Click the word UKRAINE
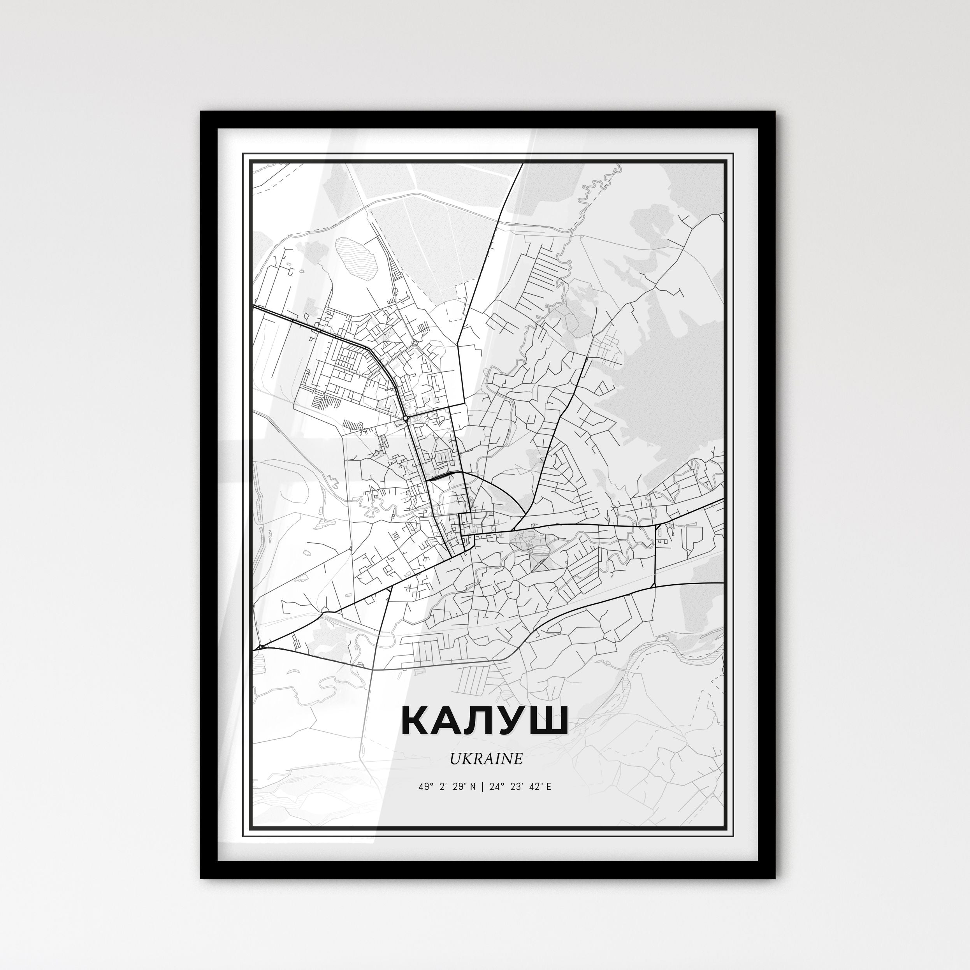tap(485, 759)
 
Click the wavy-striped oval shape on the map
tap(355, 255)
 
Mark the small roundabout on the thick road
tap(405, 418)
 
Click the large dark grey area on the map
tap(668, 392)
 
